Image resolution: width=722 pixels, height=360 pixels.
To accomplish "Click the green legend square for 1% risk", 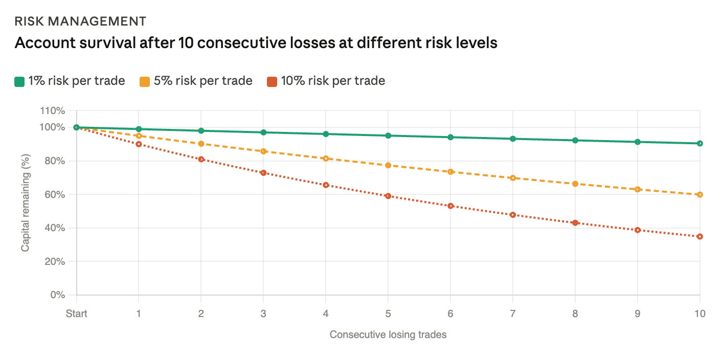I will click(19, 81).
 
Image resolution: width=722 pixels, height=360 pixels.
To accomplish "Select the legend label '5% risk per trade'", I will click(203, 81).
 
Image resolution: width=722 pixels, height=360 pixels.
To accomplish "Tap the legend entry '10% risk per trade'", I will click(333, 81).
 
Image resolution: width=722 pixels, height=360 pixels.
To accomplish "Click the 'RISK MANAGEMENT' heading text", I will click(80, 21).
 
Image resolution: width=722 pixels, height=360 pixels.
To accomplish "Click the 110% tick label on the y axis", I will click(53, 110).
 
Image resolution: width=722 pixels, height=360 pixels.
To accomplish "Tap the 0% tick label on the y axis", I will click(58, 295).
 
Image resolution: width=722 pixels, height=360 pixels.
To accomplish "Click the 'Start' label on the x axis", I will click(77, 313).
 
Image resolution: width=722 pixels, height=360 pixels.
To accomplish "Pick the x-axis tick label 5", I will click(388, 313).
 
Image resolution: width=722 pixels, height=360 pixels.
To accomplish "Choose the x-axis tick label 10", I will click(700, 313).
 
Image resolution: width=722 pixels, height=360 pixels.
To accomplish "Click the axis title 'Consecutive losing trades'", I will click(388, 335).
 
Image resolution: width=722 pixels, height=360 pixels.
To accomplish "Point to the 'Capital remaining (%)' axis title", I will click(25, 203).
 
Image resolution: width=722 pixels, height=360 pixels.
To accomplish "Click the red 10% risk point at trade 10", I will click(700, 236).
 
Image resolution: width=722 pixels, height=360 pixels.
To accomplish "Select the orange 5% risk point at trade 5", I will click(388, 165).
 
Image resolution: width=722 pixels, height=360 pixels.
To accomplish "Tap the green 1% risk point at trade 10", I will click(700, 143).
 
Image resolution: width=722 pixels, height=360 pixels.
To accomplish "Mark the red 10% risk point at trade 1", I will click(139, 144).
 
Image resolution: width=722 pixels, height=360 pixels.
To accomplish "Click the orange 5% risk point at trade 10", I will click(700, 194).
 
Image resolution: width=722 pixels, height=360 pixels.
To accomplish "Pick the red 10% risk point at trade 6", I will click(450, 206).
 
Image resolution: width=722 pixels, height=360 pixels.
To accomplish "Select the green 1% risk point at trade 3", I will click(263, 132).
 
